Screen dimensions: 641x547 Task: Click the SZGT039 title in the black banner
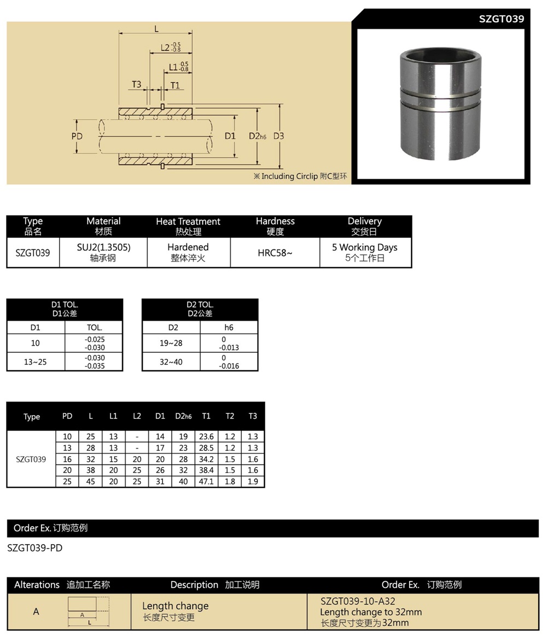tap(501, 19)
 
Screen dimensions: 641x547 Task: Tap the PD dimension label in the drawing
tap(77, 136)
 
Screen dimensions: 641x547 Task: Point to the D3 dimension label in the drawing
tap(278, 136)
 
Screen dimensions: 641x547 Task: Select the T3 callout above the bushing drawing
tap(136, 84)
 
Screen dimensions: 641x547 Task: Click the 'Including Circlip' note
tap(300, 176)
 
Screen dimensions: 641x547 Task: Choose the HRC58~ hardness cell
tap(275, 253)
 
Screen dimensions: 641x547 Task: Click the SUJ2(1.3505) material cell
tap(103, 247)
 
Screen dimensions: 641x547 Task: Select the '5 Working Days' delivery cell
tap(364, 247)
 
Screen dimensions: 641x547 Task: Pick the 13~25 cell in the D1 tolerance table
tap(36, 362)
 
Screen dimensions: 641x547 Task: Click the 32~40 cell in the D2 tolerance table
tap(171, 362)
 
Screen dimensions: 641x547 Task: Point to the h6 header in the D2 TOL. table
tap(229, 327)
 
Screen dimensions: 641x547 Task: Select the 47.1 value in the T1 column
tap(206, 482)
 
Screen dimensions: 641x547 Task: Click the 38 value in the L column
tap(91, 470)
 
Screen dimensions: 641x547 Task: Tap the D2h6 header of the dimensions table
tap(183, 416)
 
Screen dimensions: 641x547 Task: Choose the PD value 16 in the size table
tap(67, 459)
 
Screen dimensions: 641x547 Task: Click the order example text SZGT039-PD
tap(35, 547)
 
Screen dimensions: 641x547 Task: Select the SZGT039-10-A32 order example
tap(358, 601)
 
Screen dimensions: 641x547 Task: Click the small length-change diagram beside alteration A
tap(88, 610)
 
